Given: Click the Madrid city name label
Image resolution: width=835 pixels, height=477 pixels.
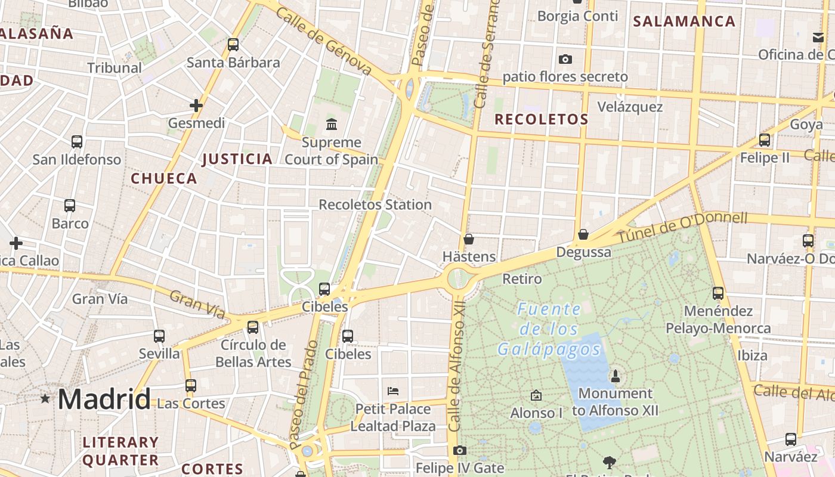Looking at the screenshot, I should click(104, 398).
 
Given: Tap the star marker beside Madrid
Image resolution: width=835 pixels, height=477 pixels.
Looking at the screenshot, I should click(45, 398).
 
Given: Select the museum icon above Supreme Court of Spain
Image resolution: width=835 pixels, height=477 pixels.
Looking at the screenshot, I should click(331, 124).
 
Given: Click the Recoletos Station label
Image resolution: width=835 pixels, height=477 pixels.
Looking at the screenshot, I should click(375, 205).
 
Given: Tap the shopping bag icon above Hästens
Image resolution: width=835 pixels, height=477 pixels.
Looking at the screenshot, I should click(469, 240).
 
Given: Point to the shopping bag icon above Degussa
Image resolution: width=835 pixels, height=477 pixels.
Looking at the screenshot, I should click(583, 235).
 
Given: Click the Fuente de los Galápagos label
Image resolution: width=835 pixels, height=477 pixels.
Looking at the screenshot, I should click(549, 329).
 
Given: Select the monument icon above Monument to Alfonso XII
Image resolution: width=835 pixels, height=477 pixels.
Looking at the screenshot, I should click(616, 376).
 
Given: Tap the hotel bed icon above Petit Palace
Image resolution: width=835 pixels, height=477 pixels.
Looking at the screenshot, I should click(392, 391).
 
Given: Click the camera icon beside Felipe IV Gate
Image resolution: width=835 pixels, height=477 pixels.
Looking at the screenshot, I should click(459, 451).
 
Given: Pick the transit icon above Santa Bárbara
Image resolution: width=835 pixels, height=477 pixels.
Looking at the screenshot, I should click(233, 45).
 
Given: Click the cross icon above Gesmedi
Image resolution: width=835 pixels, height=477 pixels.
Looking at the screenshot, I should click(196, 106).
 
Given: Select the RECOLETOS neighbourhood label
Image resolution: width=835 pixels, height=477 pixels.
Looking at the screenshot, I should click(542, 119).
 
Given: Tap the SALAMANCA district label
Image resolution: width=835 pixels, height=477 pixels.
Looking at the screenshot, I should click(684, 21).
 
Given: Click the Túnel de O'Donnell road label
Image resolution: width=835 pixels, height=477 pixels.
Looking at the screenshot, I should click(682, 228).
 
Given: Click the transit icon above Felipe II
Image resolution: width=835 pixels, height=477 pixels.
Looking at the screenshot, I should click(764, 141).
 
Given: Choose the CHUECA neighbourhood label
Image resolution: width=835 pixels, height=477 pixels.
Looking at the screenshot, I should click(164, 178).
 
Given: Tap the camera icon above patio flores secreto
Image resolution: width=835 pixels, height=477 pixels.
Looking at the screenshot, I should click(565, 60).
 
